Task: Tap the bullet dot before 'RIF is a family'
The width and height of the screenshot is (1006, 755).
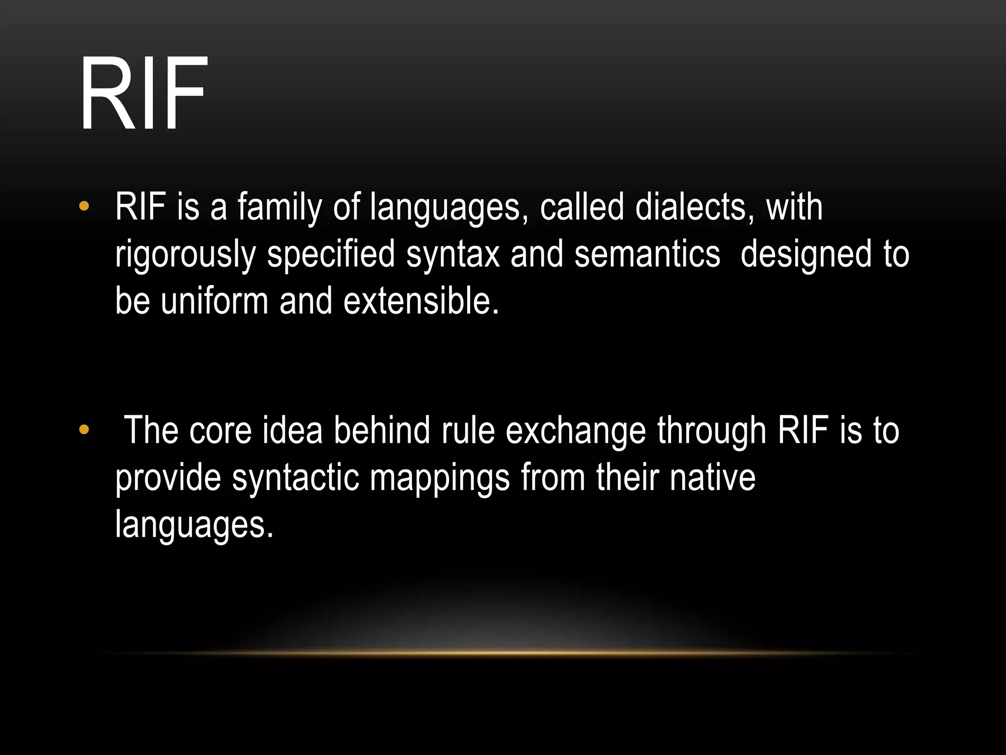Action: [84, 206]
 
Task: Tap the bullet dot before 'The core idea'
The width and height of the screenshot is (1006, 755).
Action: [84, 430]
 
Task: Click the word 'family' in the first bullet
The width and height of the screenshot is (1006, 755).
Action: [279, 207]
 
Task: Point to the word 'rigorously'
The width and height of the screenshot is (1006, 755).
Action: [186, 255]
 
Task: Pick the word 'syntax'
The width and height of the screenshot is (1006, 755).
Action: [453, 255]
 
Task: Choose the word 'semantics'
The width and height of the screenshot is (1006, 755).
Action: [647, 254]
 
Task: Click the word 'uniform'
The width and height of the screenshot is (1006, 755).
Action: [214, 300]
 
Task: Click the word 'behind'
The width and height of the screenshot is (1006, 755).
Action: [382, 430]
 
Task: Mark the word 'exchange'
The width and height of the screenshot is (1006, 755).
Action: [576, 431]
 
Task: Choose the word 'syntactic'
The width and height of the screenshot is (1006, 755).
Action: [295, 478]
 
